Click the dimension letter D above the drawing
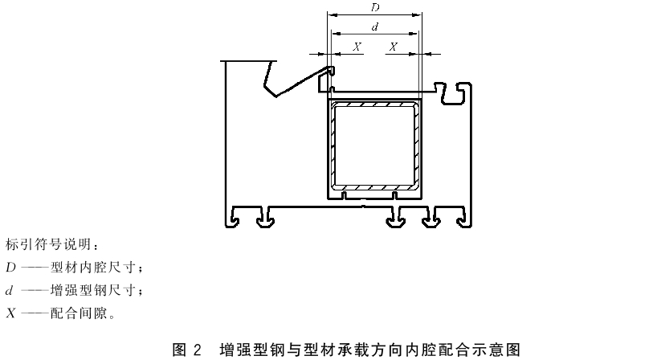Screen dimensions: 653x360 pyautogui.click(x=375, y=7)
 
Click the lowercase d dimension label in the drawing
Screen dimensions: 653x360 pyautogui.click(x=375, y=27)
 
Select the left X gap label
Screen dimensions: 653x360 pyautogui.click(x=357, y=47)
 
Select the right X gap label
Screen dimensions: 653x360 pyautogui.click(x=393, y=47)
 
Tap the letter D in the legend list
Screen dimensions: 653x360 pyautogui.click(x=10, y=268)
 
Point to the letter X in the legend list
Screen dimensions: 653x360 pyautogui.click(x=10, y=313)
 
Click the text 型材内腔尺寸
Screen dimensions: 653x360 pyautogui.click(x=94, y=268)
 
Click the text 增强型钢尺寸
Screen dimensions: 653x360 pyautogui.click(x=94, y=290)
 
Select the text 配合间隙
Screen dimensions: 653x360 pyautogui.click(x=80, y=313)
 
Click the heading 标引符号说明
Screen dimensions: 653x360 pyautogui.click(x=48, y=244)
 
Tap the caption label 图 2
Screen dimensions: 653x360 pyautogui.click(x=187, y=350)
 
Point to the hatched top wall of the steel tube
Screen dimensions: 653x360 pyautogui.click(x=375, y=104)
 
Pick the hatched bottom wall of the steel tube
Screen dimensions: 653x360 pyautogui.click(x=375, y=187)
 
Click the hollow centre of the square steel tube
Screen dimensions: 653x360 pyautogui.click(x=375, y=145)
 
